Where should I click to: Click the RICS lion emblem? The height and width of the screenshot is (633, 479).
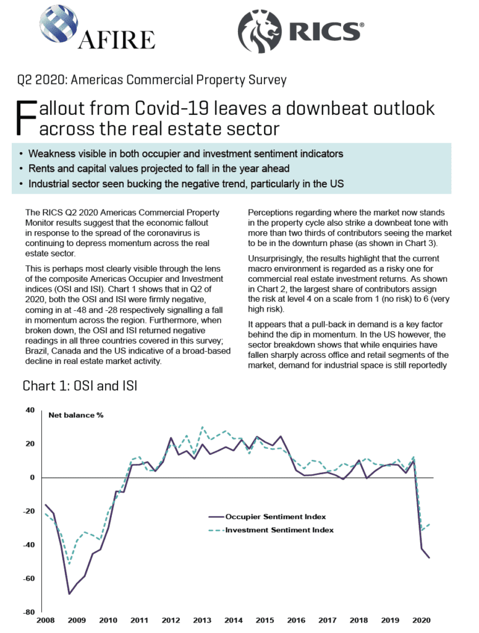pos(259,32)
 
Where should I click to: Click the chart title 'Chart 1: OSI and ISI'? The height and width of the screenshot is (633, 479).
pos(80,386)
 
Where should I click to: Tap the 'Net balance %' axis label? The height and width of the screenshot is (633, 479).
pos(76,415)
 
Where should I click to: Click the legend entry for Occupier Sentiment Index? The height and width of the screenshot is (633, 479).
pos(267,516)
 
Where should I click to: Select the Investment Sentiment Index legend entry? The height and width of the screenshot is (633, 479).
pos(271,530)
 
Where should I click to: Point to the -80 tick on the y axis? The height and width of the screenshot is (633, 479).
pos(30,612)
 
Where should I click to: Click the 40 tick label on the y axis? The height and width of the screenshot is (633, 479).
pos(30,410)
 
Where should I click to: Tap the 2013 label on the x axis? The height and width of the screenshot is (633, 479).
pos(202,620)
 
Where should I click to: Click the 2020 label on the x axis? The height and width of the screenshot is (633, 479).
pos(422,620)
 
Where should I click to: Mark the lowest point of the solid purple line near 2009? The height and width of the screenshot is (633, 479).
pos(69,594)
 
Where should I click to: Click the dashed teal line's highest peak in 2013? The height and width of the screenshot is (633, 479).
pos(202,427)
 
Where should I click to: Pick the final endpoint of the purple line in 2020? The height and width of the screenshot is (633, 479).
pos(429,558)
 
